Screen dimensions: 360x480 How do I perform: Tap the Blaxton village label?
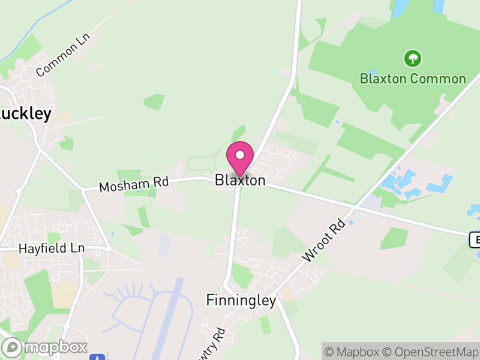240,180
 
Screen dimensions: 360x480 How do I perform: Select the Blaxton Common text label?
413,79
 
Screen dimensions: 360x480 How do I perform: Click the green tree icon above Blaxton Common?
413,58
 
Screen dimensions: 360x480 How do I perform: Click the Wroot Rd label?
325,241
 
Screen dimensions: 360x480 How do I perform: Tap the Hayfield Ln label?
52,248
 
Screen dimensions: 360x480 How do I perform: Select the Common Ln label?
62,55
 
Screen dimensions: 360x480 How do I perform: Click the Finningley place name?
241,300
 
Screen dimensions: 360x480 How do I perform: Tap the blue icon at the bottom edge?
97,357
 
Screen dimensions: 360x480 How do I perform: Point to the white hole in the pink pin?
240,155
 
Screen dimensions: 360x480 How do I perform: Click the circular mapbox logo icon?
13,347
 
